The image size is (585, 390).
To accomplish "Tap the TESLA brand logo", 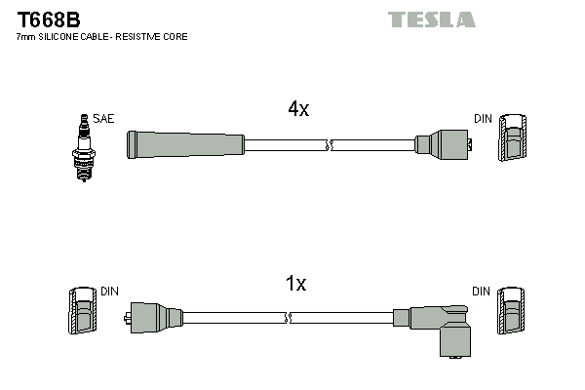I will [431, 19].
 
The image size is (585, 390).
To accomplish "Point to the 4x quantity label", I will [298, 110].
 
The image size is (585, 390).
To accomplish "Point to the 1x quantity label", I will [295, 284].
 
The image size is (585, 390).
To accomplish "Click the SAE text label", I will [104, 119].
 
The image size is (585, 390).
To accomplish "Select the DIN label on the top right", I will [484, 119].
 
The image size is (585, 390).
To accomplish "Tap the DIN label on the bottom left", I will [110, 292].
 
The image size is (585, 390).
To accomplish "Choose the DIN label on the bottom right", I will [482, 292].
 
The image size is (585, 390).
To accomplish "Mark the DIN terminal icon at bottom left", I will [83, 313].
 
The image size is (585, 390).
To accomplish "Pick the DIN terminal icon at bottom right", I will [512, 313].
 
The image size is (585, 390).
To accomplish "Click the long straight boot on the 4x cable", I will [185, 145].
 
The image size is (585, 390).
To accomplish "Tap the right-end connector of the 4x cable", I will [444, 146].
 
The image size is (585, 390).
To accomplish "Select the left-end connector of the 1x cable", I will [156, 318].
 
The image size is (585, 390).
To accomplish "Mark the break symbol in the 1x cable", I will [290, 318].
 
